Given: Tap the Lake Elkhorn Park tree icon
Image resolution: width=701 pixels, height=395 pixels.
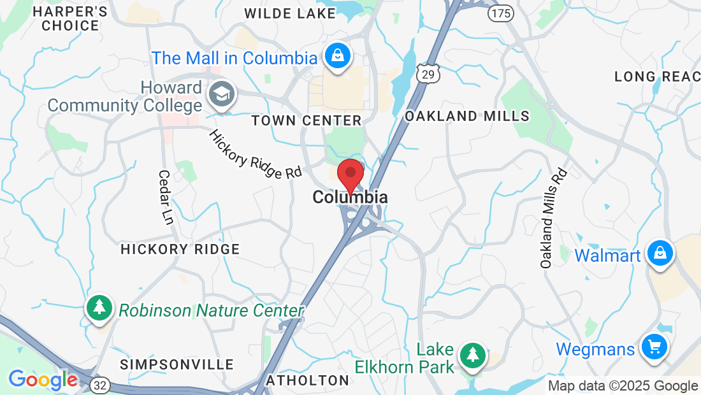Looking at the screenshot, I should pos(472,356).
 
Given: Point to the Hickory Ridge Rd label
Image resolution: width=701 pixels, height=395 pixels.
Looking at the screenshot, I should pos(255,154).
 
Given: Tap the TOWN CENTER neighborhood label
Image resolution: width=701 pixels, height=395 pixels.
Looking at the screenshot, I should pos(306,120).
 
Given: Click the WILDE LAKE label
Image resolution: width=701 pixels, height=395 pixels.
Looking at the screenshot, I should pos(289,13).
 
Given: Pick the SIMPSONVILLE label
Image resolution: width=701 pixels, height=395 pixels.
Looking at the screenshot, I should pos(177,364).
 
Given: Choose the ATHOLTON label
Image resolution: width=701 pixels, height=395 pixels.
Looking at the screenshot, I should pos(308,380).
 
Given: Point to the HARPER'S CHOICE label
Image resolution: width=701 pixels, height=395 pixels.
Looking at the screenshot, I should pos(69,18).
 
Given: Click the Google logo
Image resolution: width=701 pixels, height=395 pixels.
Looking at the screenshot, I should pos(43,380).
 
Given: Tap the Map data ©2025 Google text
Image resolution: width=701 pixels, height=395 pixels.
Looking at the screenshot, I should pos(623,385).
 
